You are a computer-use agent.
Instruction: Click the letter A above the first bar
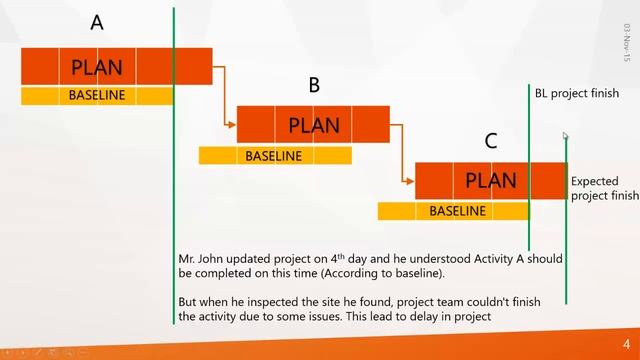[97, 22]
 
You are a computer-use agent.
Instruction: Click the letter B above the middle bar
[314, 86]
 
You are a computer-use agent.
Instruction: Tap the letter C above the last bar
[490, 142]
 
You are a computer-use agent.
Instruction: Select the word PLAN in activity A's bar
[97, 68]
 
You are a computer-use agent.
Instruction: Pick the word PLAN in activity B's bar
[314, 126]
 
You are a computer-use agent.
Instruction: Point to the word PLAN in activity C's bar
[491, 181]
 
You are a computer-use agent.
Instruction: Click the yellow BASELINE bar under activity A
[97, 96]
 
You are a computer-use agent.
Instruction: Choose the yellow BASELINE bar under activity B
[274, 156]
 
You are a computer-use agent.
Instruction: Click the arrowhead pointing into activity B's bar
[232, 125]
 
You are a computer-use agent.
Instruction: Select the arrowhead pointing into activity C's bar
[409, 181]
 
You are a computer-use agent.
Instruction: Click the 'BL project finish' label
[576, 93]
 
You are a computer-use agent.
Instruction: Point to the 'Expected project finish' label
[603, 189]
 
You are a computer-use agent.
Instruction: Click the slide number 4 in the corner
[626, 342]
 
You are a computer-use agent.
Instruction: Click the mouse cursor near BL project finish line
[565, 135]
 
